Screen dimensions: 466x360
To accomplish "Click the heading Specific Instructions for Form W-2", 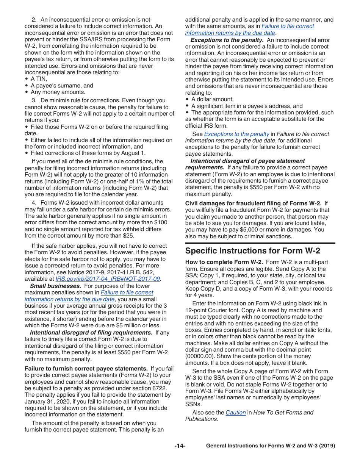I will (x=252, y=251).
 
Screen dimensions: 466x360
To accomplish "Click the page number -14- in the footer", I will (x=180, y=446).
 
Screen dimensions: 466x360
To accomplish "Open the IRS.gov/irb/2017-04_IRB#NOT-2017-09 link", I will (x=108, y=279).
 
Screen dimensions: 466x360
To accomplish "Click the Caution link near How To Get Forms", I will (x=236, y=413).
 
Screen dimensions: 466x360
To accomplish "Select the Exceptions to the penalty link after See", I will (x=236, y=134).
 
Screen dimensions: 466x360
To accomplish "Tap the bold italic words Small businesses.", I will (x=55, y=286).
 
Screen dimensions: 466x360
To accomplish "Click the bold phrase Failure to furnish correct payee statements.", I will (x=86, y=368).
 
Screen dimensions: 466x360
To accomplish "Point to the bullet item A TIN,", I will (x=39, y=79).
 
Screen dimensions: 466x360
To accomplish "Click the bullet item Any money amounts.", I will (x=58, y=92).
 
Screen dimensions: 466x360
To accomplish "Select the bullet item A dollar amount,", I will (x=212, y=99).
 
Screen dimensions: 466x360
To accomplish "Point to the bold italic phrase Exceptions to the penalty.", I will (x=227, y=40).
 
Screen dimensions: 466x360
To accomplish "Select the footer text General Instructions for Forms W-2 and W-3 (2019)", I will (x=271, y=446).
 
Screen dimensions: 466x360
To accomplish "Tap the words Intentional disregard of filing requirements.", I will (x=91, y=333).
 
